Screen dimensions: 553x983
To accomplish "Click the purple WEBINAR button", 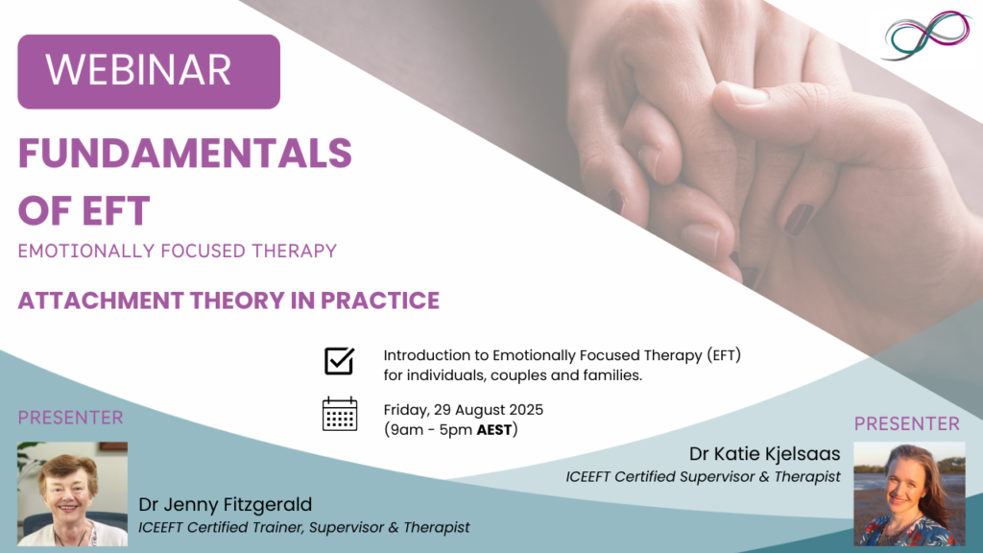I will [149, 71].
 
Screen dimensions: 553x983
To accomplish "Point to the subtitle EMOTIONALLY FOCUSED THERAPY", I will [178, 252].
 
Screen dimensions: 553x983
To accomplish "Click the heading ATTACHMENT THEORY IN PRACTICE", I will [228, 301].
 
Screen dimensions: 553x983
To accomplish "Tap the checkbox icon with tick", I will [339, 361].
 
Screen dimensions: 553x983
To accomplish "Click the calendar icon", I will [339, 414].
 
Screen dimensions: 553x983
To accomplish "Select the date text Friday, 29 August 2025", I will [463, 410].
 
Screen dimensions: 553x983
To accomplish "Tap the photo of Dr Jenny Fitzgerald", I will [72, 493].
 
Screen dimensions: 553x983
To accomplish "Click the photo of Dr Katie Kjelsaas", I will [909, 493].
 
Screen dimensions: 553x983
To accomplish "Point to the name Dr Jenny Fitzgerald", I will [225, 505].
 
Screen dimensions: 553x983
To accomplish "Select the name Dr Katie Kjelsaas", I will [764, 453].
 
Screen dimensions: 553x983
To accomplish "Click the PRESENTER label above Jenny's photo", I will [71, 419].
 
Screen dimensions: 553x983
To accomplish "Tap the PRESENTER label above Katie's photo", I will [906, 423].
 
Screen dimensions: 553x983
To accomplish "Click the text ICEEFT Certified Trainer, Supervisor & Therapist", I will [304, 527].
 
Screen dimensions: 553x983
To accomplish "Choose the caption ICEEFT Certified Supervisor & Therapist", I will [703, 476].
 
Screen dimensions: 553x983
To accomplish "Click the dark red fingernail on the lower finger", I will [799, 220].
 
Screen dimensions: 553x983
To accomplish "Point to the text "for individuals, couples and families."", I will [512, 375].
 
